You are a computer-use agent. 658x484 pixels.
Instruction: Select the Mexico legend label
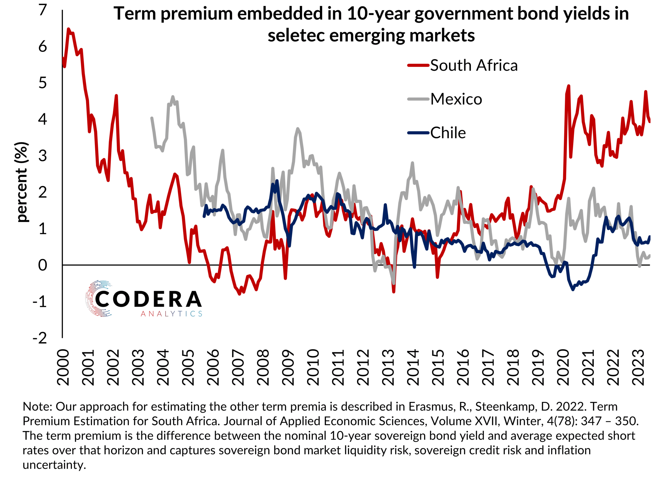point(456,99)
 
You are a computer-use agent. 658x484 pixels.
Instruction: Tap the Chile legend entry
point(447,133)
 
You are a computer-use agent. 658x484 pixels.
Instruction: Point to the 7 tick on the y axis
point(43,10)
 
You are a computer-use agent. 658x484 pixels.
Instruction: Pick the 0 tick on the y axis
point(43,265)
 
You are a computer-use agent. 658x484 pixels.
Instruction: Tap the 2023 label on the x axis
point(638,367)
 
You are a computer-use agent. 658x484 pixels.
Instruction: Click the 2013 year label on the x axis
point(388,367)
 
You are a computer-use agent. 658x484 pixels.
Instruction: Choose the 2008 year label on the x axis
point(263,367)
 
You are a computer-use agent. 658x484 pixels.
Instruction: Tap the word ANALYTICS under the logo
point(171,314)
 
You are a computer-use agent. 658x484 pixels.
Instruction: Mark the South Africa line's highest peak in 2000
point(68,29)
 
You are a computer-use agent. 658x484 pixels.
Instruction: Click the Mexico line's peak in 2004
point(173,96)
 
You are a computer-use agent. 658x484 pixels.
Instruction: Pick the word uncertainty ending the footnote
point(54,465)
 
